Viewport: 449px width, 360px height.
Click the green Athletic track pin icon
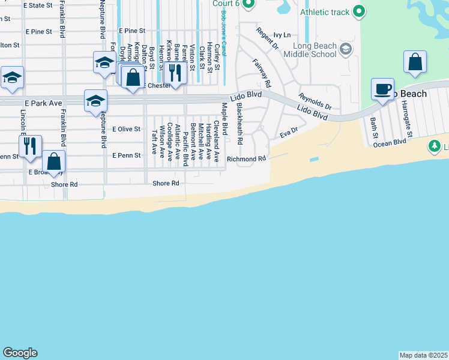coord(359,11)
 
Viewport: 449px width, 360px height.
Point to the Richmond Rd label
coord(246,159)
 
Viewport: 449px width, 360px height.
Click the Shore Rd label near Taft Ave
coord(166,184)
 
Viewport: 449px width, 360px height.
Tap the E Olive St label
coord(126,129)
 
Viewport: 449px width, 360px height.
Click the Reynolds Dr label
coord(315,101)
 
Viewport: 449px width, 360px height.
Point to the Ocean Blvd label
coord(390,143)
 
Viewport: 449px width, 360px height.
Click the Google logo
coord(20,353)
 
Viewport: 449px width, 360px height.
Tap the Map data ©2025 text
coord(423,355)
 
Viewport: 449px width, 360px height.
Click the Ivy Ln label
coord(282,35)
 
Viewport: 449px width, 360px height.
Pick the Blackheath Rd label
coord(240,124)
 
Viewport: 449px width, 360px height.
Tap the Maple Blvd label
coord(225,118)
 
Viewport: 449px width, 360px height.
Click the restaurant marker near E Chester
coord(175,73)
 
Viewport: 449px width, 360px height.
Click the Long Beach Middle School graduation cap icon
coord(345,49)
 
